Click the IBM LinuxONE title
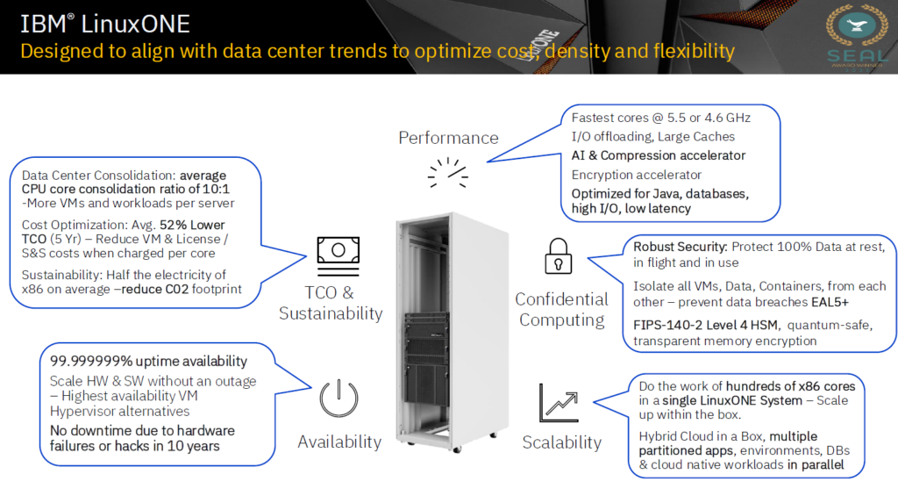pos(105,24)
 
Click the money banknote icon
pos(339,255)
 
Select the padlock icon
pos(559,256)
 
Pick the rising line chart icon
pos(559,403)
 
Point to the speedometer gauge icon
pos(448,173)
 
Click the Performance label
pos(448,138)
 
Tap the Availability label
pos(339,442)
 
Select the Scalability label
pos(562,442)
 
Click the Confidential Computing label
pos(561,310)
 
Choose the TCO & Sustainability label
pos(331,303)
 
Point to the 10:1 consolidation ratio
pos(216,190)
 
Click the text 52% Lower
pos(192,225)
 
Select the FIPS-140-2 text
pos(667,325)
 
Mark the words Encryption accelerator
pos(637,175)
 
